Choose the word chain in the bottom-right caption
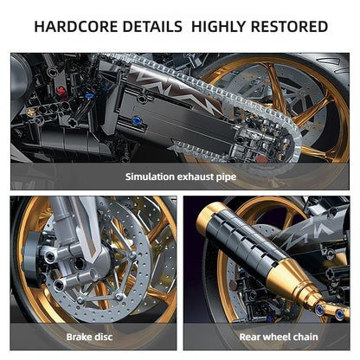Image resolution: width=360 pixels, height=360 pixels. [x=299, y=337]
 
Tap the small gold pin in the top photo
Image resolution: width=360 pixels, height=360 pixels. [x=32, y=112]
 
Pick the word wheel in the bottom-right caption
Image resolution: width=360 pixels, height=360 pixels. [x=264, y=337]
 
